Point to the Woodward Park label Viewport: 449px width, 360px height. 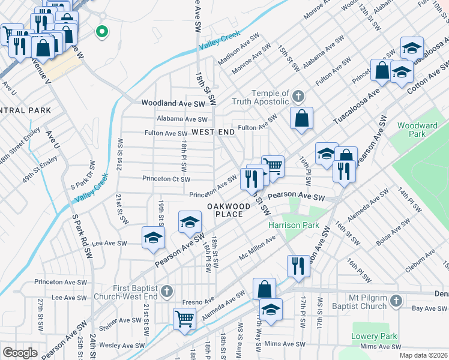(x=418, y=130)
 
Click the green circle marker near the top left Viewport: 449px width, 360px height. (x=102, y=31)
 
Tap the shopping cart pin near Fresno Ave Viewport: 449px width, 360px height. (x=184, y=318)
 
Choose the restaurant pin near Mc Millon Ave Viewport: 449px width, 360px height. (x=298, y=265)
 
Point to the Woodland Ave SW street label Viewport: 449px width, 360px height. (x=173, y=103)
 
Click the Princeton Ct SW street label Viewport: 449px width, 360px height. (x=166, y=179)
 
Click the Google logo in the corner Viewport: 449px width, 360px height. (x=20, y=352)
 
